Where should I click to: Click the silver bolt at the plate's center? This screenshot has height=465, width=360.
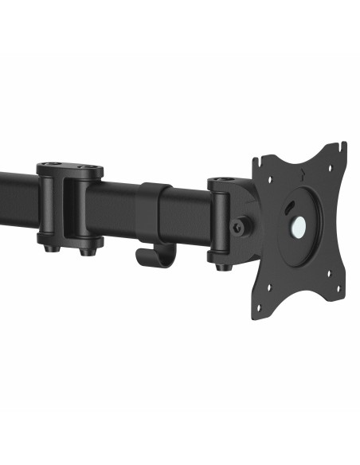(299, 229)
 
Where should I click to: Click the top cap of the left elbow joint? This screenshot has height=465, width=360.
(69, 168)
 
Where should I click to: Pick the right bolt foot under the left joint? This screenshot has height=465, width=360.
(85, 252)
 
